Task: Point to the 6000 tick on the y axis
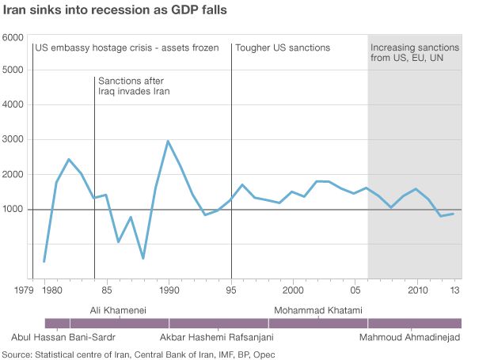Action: click(x=13, y=38)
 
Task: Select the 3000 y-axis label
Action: click(x=13, y=140)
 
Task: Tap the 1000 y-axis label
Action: click(x=13, y=210)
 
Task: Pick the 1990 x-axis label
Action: click(x=169, y=291)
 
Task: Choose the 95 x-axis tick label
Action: click(x=231, y=291)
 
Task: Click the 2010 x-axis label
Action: click(x=417, y=291)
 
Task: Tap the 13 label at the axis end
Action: click(x=454, y=291)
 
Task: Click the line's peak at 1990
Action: click(x=168, y=141)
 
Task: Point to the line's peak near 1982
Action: click(x=69, y=160)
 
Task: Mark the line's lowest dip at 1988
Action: click(x=143, y=258)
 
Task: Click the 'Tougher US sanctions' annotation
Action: click(x=283, y=48)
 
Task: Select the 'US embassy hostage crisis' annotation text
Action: click(x=127, y=48)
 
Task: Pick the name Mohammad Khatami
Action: click(x=317, y=310)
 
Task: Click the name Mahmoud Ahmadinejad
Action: click(x=409, y=338)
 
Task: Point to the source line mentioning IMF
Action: click(x=139, y=354)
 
